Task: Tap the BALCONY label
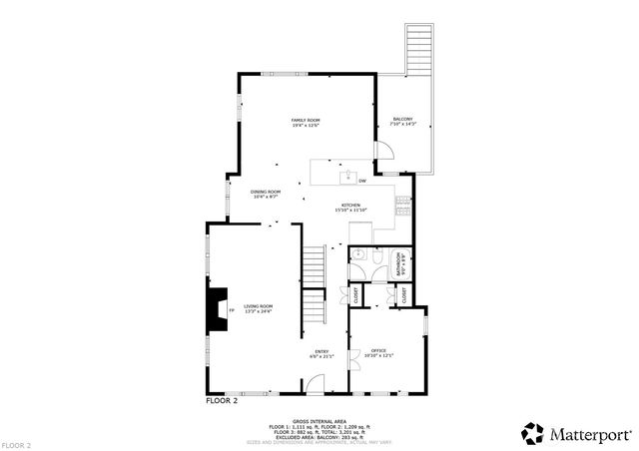(x=403, y=121)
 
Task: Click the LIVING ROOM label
(x=258, y=308)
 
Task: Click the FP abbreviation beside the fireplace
(x=232, y=310)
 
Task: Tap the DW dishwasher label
(x=361, y=181)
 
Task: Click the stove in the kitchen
(x=401, y=208)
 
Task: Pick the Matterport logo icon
(x=531, y=432)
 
